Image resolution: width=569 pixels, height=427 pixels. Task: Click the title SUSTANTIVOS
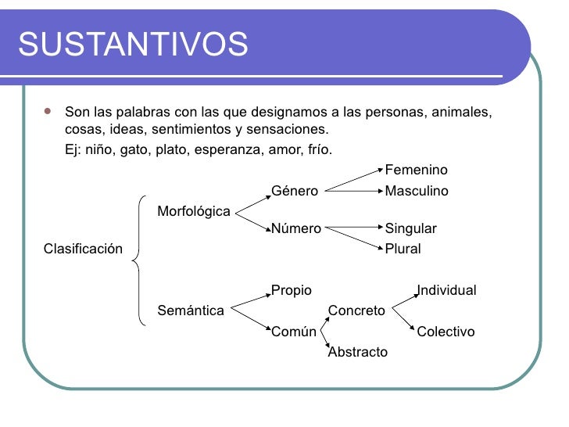(133, 45)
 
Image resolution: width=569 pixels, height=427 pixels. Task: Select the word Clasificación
(84, 249)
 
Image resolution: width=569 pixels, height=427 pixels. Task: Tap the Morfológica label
(194, 211)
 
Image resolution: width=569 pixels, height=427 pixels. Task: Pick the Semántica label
(191, 310)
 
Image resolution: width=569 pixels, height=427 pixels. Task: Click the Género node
(295, 191)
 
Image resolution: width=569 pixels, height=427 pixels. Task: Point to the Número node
(296, 229)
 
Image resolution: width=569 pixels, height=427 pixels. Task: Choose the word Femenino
(417, 170)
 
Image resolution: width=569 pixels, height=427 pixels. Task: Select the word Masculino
(417, 191)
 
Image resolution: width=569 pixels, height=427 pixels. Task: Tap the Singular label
(411, 229)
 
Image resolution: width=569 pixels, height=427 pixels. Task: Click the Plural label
(403, 249)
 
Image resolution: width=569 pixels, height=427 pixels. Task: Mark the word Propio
(292, 291)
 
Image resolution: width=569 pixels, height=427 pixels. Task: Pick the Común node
(294, 332)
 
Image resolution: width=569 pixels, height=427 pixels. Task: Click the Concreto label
(356, 310)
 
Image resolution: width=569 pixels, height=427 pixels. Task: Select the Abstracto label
(358, 352)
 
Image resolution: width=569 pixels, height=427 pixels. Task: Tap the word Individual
(446, 291)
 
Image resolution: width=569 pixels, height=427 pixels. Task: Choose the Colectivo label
(446, 332)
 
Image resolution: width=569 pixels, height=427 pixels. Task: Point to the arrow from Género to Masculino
(352, 189)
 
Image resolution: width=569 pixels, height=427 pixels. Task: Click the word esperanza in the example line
(234, 149)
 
